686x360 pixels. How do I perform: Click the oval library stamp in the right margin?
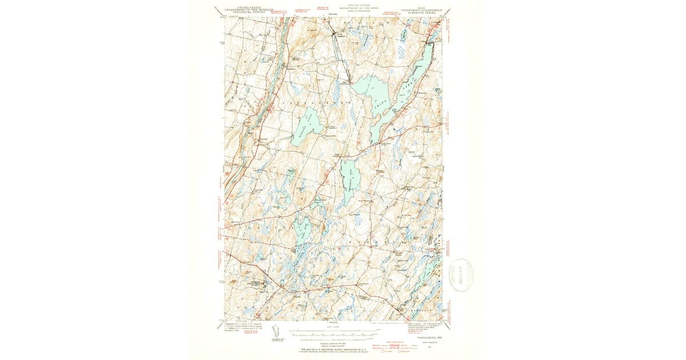coord(462,275)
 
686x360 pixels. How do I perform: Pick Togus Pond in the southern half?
coord(301,234)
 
